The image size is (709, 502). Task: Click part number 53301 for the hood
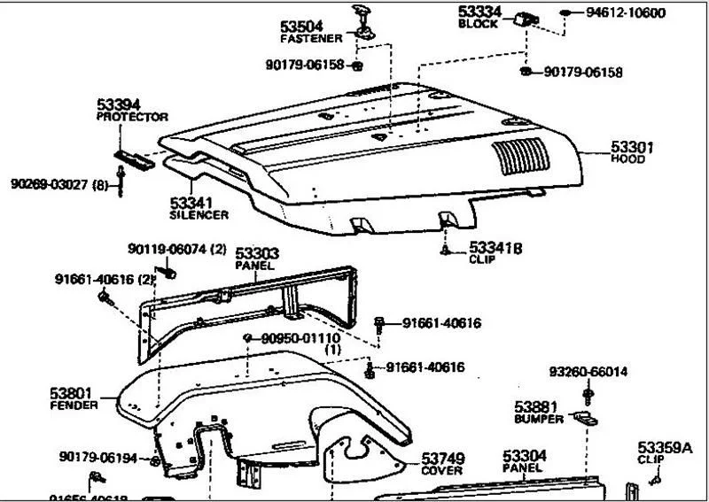[631, 147]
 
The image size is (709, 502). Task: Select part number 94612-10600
[626, 13]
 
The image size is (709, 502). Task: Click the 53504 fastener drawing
[364, 20]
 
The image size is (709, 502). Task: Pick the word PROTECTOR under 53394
[132, 117]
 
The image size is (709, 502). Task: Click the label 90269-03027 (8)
[58, 184]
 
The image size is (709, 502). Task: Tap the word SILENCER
[199, 215]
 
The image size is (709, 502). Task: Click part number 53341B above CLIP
[495, 248]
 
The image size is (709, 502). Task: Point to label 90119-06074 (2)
[178, 250]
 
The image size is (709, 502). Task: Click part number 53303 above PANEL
[257, 254]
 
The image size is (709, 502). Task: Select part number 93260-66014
[588, 372]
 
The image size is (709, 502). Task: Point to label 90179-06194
[98, 457]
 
